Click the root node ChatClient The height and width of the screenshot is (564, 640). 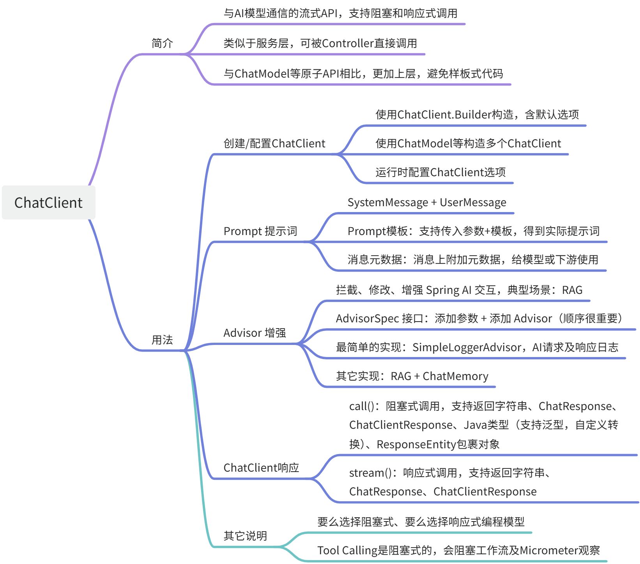tap(48, 203)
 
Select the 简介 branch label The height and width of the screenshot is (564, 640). tap(162, 43)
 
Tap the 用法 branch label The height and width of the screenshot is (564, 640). tap(162, 340)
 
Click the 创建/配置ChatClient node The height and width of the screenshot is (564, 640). tap(274, 143)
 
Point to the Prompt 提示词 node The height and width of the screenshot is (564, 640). tap(260, 231)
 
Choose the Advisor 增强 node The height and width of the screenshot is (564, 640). tap(255, 333)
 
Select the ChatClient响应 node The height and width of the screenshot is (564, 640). tap(261, 468)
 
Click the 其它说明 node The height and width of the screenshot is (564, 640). tap(245, 536)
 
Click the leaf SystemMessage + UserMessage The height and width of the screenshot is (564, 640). tap(427, 203)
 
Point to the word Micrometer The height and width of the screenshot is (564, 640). tap(548, 550)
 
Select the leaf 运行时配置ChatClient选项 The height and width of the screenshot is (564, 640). tap(440, 172)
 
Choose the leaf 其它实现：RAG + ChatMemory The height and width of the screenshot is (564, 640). tap(412, 376)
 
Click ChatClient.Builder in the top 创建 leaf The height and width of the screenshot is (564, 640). tap(444, 115)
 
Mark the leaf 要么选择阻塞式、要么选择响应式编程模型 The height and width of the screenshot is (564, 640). tap(421, 522)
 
